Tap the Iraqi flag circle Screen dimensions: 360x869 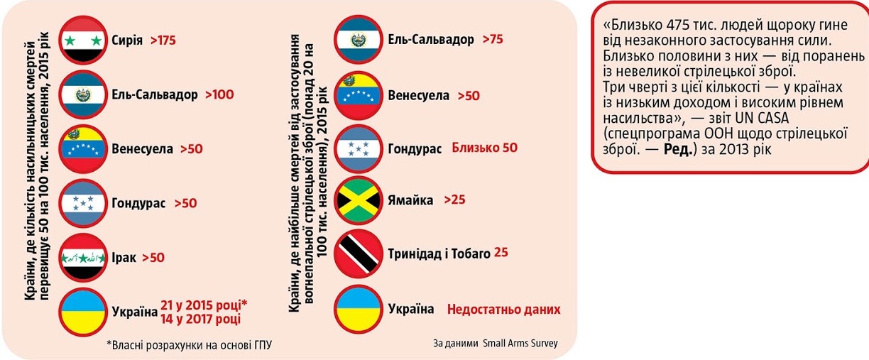84,257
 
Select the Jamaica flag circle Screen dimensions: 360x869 360,200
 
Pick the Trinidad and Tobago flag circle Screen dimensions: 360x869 360,253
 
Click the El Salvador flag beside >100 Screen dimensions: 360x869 84,94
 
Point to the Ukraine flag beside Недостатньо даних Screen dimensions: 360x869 360,309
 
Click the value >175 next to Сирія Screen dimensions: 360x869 163,40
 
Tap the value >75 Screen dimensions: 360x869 493,40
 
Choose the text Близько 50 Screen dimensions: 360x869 485,148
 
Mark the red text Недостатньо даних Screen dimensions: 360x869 503,310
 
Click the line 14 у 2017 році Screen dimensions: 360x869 200,320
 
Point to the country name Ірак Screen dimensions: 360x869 124,258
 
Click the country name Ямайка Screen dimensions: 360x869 410,200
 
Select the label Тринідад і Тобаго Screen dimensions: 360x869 439,253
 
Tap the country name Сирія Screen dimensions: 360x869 127,40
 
